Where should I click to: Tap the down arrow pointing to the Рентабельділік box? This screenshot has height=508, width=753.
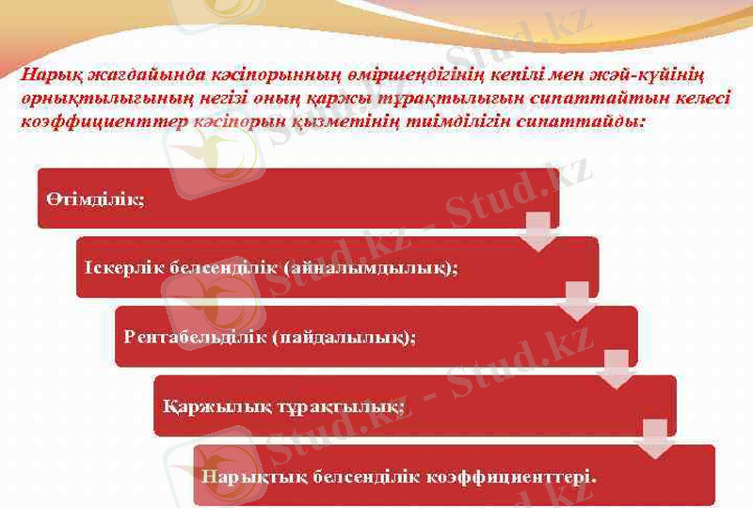[x=576, y=300]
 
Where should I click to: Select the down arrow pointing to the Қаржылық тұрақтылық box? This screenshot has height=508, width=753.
[x=616, y=370]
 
